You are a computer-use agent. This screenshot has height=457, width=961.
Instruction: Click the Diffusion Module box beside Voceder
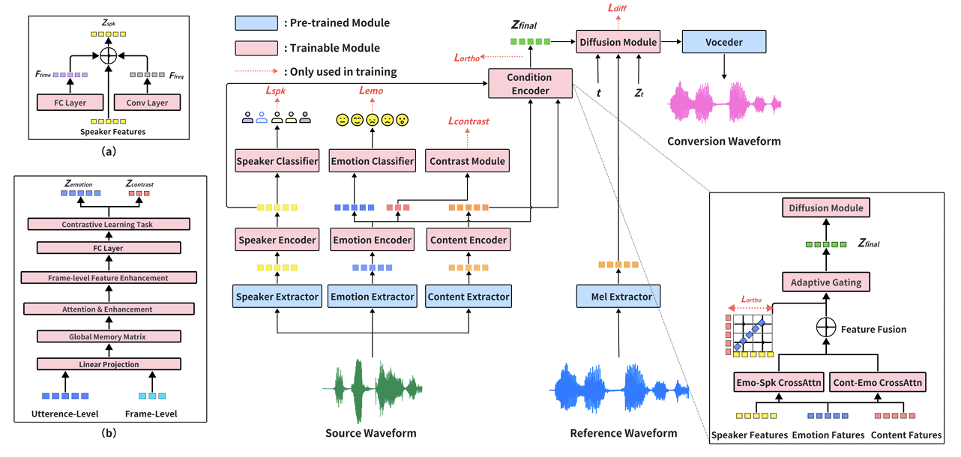[618, 42]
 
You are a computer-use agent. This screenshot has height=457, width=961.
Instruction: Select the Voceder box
[724, 42]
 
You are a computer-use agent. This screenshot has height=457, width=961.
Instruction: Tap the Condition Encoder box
[530, 83]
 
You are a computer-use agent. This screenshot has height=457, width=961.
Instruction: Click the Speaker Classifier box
[277, 160]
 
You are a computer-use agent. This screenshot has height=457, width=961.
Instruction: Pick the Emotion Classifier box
[373, 160]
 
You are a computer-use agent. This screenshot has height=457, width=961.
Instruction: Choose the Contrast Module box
[467, 160]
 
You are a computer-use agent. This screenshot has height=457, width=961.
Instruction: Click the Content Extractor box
[468, 296]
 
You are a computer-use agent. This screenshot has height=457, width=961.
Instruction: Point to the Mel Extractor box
[618, 296]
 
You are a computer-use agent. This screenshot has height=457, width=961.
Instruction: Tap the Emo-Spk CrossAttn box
[778, 383]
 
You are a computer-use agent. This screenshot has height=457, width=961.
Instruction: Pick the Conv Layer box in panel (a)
[147, 102]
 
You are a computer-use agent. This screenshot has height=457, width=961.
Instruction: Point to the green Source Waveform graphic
[373, 388]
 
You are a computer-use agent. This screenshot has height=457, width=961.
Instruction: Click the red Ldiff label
[618, 10]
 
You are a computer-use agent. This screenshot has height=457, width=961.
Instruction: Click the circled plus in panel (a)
[109, 55]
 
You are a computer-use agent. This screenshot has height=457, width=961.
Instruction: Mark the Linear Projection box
[109, 364]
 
